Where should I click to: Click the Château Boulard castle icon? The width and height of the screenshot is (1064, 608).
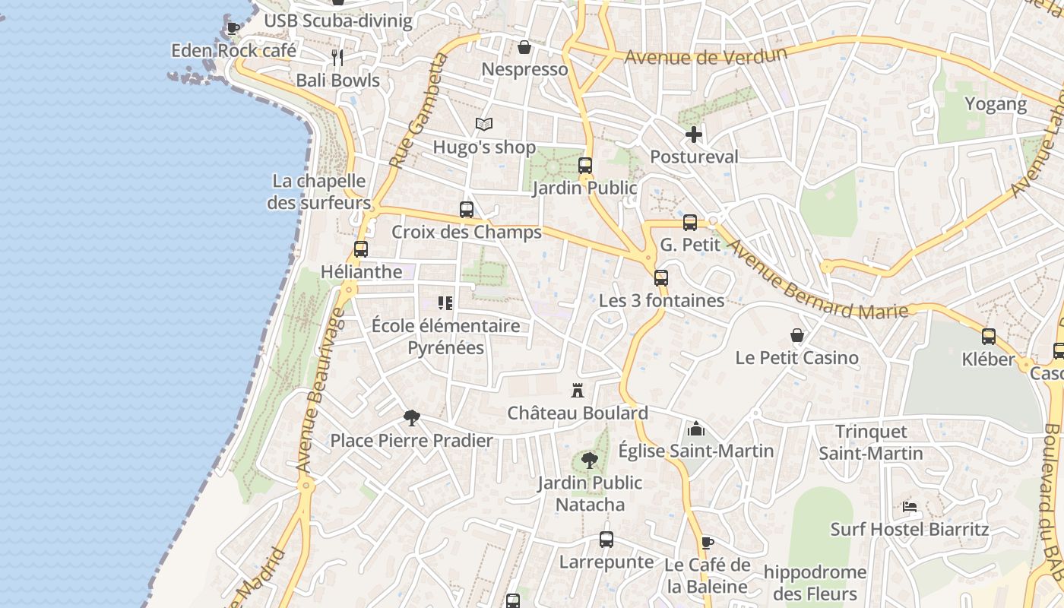pos(578,391)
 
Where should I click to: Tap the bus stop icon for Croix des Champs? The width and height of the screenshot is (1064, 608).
pos(467,210)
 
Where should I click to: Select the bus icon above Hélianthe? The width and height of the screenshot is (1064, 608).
pos(361,249)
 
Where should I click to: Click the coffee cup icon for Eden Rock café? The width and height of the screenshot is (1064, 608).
pos(233,29)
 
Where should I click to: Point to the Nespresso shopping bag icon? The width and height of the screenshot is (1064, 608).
pos(524,48)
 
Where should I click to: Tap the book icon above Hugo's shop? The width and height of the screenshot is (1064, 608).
pos(484,124)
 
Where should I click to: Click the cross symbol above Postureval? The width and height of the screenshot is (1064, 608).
pos(693,135)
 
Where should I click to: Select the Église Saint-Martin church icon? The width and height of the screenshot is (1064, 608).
pos(695,429)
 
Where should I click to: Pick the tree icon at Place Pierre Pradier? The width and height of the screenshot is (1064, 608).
pos(411,418)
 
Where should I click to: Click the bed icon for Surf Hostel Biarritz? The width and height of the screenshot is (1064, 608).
pos(910,506)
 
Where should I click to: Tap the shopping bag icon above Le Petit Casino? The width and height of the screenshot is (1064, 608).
pos(797,335)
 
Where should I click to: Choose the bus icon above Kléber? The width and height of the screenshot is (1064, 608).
pos(989,337)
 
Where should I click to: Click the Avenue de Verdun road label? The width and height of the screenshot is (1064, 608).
pos(705,55)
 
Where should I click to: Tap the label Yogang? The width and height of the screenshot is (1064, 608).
pos(996,104)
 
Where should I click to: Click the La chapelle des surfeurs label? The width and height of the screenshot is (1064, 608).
pos(319,192)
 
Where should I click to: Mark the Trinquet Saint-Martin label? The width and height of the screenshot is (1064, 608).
pos(871,442)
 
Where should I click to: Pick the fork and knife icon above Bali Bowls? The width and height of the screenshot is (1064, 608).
pos(337,57)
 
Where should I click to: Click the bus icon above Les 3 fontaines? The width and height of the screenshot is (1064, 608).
pos(661,278)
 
